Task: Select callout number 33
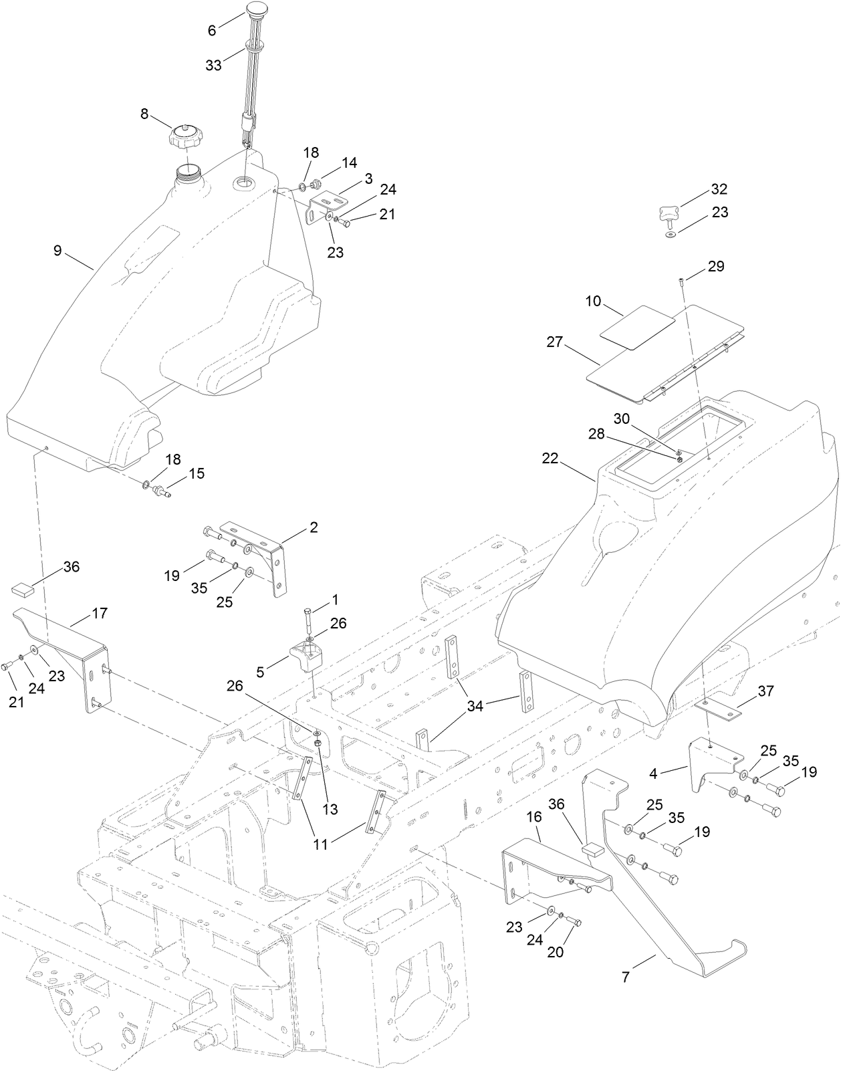click(213, 65)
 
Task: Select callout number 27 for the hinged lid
click(555, 343)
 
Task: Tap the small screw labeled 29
click(681, 281)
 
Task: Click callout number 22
click(550, 459)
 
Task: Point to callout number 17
click(100, 612)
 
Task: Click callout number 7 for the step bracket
click(626, 977)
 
